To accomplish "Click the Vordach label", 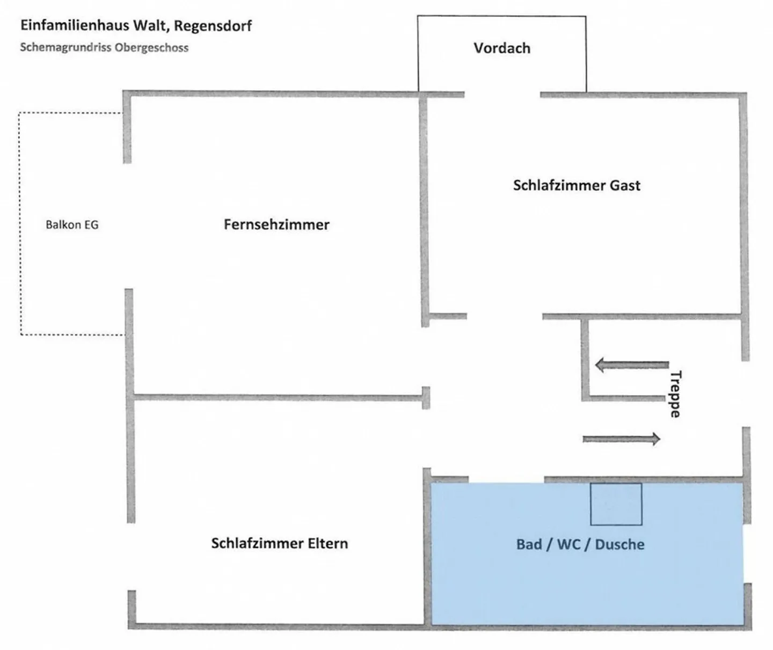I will point(501,48).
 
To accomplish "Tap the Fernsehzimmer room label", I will point(276,224).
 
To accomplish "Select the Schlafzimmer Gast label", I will point(577,186).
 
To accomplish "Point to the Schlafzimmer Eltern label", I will point(279,543).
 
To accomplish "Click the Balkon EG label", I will point(72,225).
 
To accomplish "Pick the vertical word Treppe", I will point(675,394).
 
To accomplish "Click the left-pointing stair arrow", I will point(632,366).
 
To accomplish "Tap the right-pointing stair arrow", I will point(621,439).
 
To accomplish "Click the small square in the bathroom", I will point(616,504).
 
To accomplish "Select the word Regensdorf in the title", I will point(213,26).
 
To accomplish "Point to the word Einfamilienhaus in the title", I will point(74,26).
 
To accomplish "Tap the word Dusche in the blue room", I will point(619,544).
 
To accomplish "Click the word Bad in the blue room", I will point(529,544).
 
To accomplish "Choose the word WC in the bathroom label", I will point(568,544).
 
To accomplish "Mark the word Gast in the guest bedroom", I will point(625,186).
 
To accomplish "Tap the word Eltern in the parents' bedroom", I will point(327,543).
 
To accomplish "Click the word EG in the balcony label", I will point(92,225).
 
